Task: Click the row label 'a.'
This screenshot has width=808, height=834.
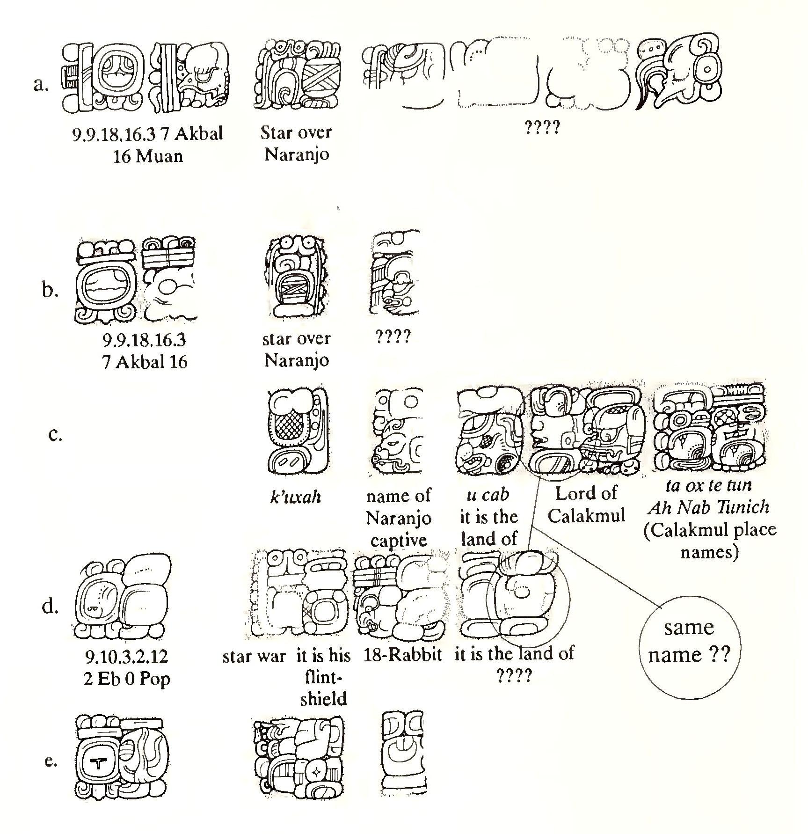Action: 41,85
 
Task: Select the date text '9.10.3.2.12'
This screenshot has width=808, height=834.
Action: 126,657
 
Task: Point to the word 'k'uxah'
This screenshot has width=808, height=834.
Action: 296,497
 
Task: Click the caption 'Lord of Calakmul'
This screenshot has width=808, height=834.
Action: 586,504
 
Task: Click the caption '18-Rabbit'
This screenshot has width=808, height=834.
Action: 402,655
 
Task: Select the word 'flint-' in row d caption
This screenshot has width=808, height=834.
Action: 323,678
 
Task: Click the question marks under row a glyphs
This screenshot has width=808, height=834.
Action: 542,127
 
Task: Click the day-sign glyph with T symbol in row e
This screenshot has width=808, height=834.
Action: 97,762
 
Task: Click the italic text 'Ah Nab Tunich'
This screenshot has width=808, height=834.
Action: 709,507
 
